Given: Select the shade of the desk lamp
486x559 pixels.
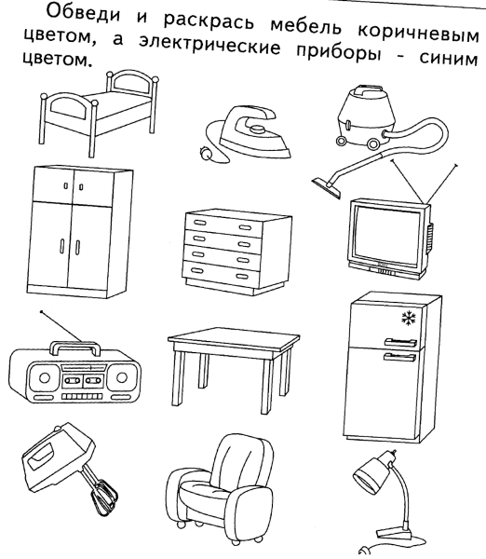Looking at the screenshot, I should (367, 482).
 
